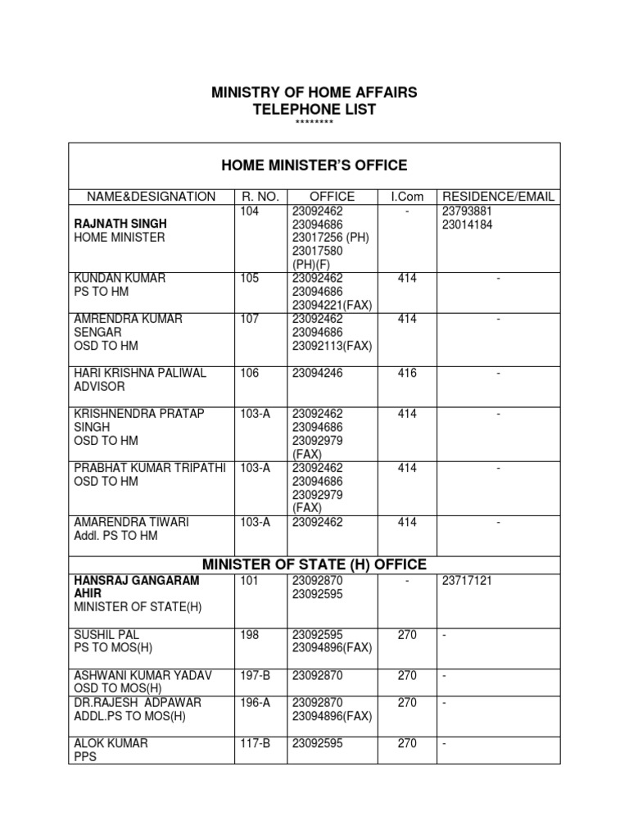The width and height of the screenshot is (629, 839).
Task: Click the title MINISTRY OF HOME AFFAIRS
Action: [x=314, y=93]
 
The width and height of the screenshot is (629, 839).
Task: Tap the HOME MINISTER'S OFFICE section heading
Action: [x=314, y=166]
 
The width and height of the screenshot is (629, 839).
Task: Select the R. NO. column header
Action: [x=261, y=197]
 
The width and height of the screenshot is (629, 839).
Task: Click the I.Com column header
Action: [x=406, y=197]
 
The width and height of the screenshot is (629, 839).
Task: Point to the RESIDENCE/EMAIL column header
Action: [x=498, y=197]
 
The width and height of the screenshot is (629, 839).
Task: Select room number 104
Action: [x=250, y=211]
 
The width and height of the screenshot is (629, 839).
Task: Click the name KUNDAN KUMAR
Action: [x=120, y=279]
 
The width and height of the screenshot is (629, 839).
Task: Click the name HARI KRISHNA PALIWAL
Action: [x=140, y=373]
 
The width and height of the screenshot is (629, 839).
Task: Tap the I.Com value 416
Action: [x=406, y=373]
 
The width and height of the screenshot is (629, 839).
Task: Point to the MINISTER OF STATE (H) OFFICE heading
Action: [x=314, y=565]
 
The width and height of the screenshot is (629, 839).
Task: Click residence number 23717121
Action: [x=469, y=580]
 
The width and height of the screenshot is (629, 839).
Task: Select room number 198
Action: [x=250, y=634]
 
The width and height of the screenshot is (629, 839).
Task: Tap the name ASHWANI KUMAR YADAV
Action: [x=143, y=675]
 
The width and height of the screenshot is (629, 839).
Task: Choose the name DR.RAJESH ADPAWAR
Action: [x=137, y=702]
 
